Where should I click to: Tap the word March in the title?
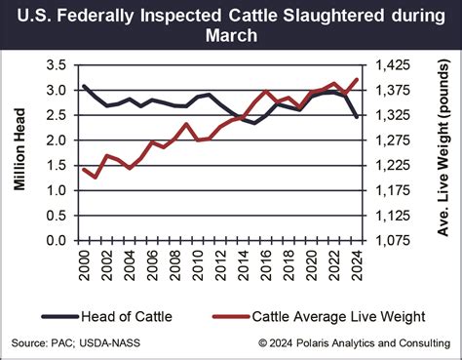(x=231, y=37)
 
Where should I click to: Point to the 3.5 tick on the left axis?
(x=58, y=65)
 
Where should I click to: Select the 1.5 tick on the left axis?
(x=58, y=165)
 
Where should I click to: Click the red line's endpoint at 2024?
(x=359, y=80)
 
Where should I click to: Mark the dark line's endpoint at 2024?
(x=358, y=117)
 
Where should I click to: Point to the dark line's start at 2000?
(x=84, y=87)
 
